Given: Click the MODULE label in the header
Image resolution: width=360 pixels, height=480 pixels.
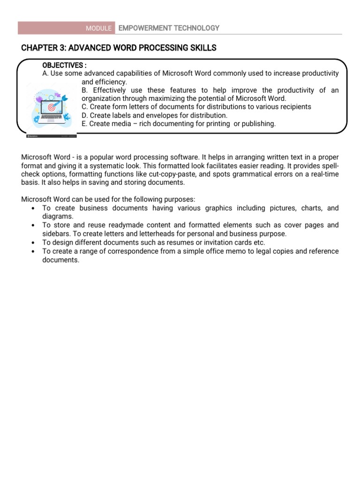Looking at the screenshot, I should pyautogui.click(x=98, y=29).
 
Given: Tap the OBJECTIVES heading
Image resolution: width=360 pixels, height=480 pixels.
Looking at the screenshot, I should pyautogui.click(x=65, y=65).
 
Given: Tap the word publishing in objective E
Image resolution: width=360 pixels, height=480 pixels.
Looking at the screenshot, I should pyautogui.click(x=257, y=124).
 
